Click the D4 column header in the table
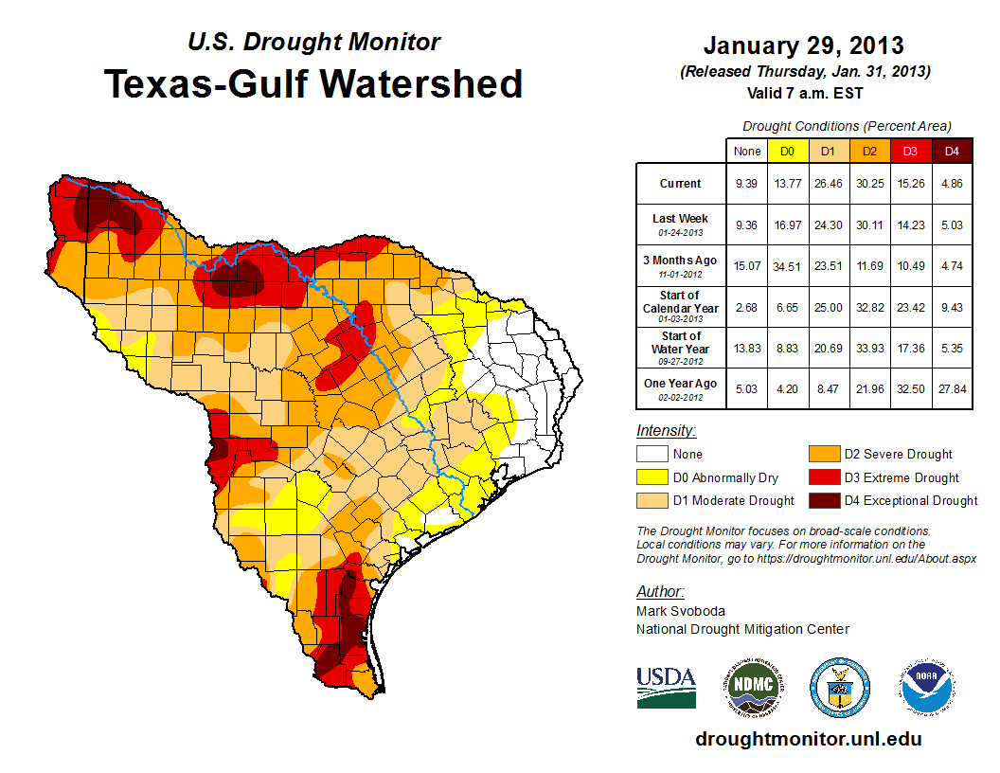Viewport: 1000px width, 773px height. click(952, 151)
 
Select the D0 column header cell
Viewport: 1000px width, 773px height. click(787, 151)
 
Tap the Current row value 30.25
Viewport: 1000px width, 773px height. click(870, 184)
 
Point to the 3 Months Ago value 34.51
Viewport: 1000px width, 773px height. click(787, 266)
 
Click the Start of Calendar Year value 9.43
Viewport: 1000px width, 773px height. click(952, 308)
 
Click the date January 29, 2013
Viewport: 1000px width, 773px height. click(803, 45)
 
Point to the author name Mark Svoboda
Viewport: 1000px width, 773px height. click(681, 611)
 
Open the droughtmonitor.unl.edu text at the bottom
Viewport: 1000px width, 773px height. click(808, 739)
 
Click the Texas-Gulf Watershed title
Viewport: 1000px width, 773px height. click(313, 83)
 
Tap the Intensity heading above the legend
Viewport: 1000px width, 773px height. click(666, 431)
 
